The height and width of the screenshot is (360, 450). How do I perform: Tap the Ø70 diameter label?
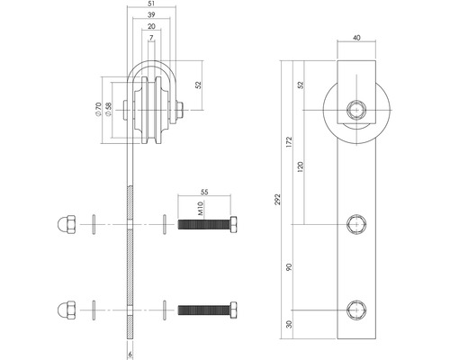98,112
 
